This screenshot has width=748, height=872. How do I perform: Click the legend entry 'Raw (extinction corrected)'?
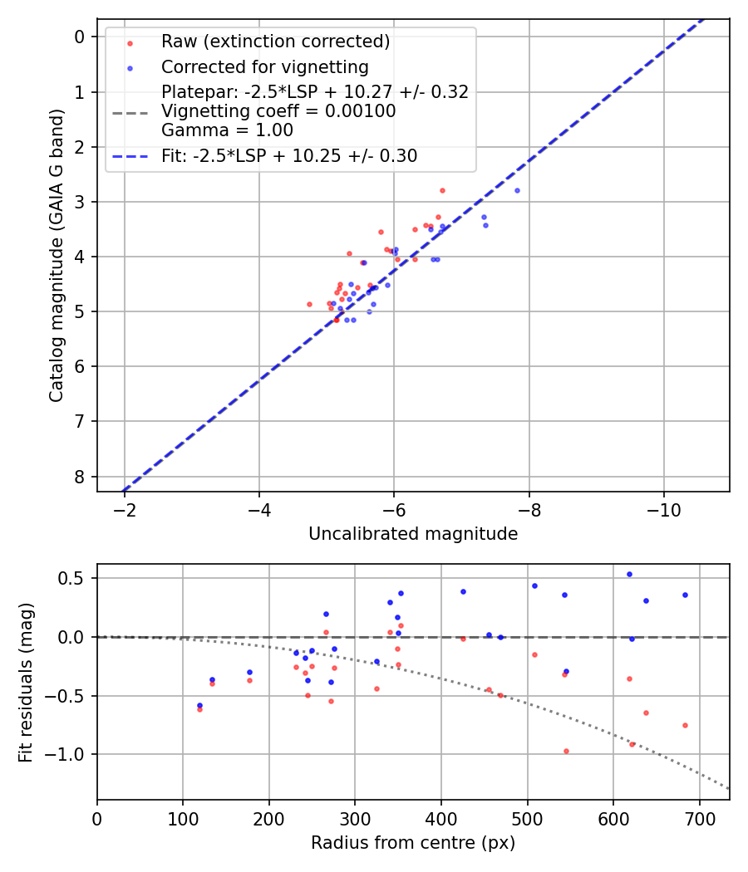click(275, 42)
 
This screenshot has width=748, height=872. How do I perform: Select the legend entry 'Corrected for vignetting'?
click(264, 66)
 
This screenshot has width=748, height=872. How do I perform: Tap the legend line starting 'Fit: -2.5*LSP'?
click(289, 156)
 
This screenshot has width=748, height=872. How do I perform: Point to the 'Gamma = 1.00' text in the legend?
click(227, 130)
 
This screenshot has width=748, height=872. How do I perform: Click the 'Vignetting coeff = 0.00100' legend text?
click(278, 111)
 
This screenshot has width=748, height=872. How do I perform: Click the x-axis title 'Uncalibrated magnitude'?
click(413, 534)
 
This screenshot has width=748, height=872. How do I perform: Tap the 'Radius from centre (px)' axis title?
click(413, 843)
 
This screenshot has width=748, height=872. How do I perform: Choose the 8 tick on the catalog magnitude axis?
click(80, 477)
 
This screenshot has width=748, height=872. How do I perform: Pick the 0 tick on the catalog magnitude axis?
click(80, 37)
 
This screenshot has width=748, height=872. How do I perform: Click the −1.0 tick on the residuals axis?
click(71, 755)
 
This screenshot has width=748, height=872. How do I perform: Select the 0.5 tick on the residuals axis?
click(76, 578)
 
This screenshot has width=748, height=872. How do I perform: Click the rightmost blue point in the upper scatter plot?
click(517, 190)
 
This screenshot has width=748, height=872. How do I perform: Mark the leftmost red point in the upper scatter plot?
click(309, 304)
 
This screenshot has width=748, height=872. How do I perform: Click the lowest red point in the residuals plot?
click(566, 751)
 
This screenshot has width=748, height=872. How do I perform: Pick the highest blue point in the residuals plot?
click(629, 574)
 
